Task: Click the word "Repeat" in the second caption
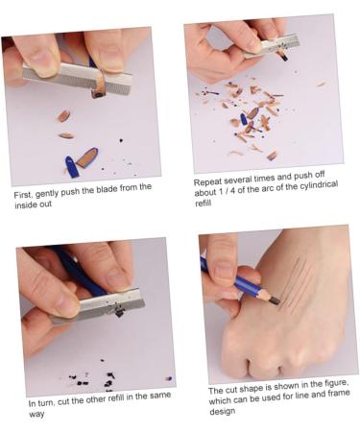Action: (210, 181)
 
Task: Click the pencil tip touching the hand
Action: (275, 300)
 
